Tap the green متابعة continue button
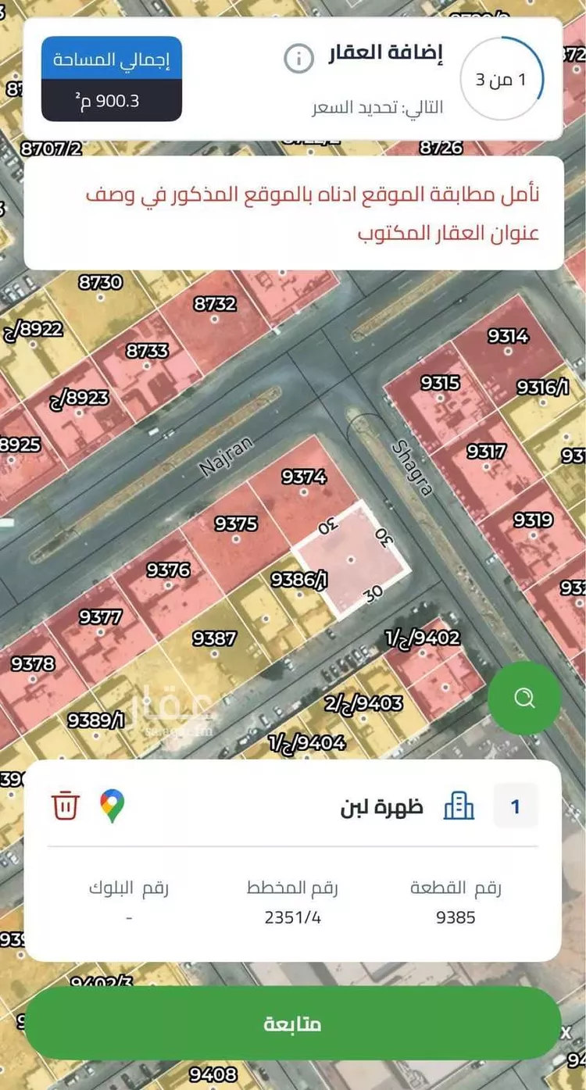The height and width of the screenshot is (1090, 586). point(293,1024)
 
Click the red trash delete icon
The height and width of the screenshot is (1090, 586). point(66,805)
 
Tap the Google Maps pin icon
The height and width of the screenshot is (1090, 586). point(113,806)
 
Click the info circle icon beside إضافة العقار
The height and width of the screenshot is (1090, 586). point(298,59)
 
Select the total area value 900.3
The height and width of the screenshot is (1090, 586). point(112,102)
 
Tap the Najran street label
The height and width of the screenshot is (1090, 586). point(227,456)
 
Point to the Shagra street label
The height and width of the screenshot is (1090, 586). point(412,467)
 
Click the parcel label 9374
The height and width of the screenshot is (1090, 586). point(303,475)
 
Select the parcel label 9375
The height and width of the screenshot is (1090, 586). point(236,524)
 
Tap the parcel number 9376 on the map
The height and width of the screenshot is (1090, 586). point(168,570)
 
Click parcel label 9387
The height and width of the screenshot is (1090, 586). point(214,638)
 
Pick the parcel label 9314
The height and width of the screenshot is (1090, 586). point(508,336)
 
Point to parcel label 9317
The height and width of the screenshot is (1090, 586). point(486,452)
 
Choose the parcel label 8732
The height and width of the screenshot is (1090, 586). point(215,303)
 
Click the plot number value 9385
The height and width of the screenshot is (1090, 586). point(456,917)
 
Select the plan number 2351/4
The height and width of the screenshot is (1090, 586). point(293,917)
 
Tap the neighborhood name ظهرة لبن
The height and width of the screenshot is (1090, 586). point(381,806)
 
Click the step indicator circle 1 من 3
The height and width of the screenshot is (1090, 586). point(501,80)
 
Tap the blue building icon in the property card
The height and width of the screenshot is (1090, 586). point(459,806)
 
